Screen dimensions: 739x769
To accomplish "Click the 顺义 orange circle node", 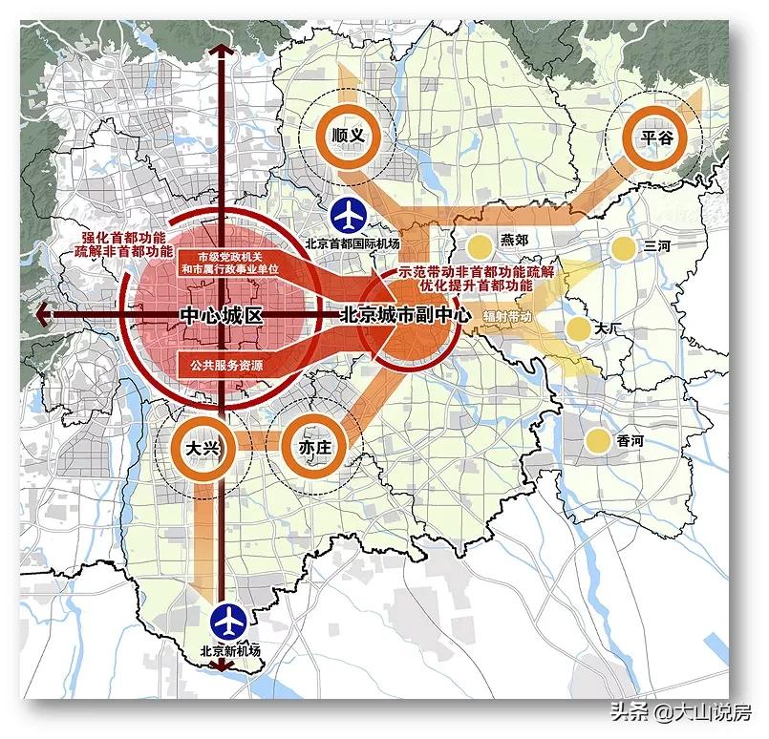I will [346, 137].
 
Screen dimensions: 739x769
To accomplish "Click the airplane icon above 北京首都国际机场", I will [350, 216].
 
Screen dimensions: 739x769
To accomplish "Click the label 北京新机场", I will [229, 651].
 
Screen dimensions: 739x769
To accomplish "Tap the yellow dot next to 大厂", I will [577, 329].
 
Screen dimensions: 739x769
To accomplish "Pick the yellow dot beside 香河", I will [596, 440].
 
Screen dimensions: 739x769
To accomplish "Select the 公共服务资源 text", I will [226, 365].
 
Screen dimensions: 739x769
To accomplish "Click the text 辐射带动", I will [506, 314].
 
